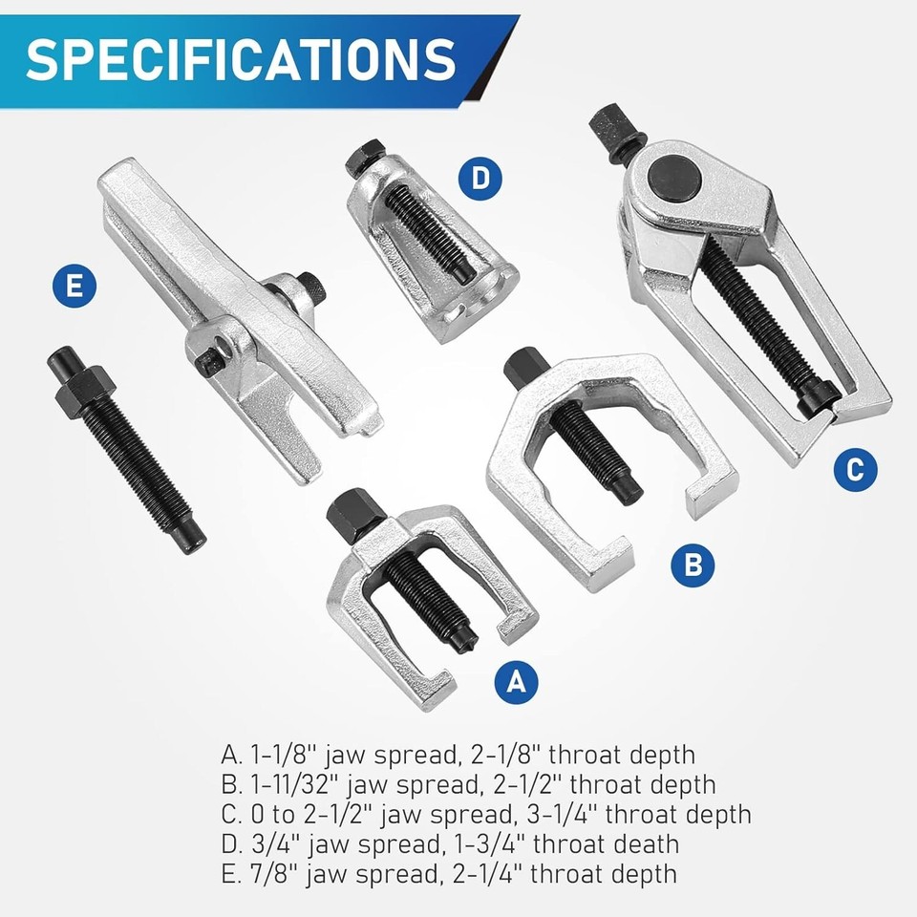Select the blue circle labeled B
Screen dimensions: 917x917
(693, 565)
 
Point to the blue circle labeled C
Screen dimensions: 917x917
(855, 468)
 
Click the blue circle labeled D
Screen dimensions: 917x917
(486, 178)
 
